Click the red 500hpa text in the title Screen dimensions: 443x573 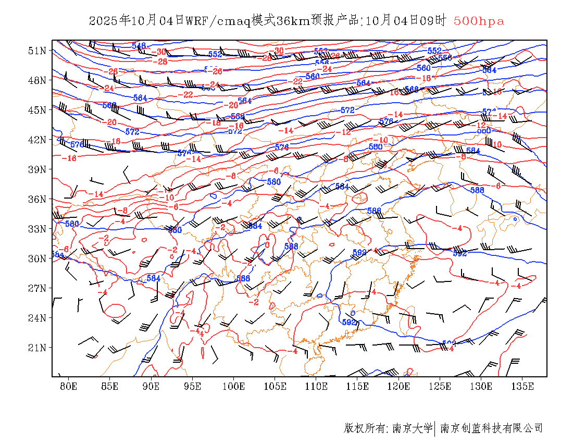(479, 21)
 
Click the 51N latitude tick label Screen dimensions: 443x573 (37, 51)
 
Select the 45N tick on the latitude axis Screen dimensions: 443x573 (37, 110)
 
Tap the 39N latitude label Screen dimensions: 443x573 (37, 169)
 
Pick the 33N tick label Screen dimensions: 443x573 (37, 229)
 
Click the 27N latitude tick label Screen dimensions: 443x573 (37, 288)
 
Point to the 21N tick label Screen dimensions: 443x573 (37, 348)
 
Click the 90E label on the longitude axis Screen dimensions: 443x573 (151, 386)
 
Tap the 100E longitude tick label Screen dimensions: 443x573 (233, 386)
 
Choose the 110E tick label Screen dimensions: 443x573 (316, 386)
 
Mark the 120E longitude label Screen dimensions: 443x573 (398, 386)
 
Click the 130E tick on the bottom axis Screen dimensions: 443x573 (481, 386)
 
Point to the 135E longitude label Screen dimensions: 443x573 (522, 386)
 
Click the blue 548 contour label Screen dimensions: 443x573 (139, 46)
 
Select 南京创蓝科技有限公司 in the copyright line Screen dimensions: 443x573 (491, 428)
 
